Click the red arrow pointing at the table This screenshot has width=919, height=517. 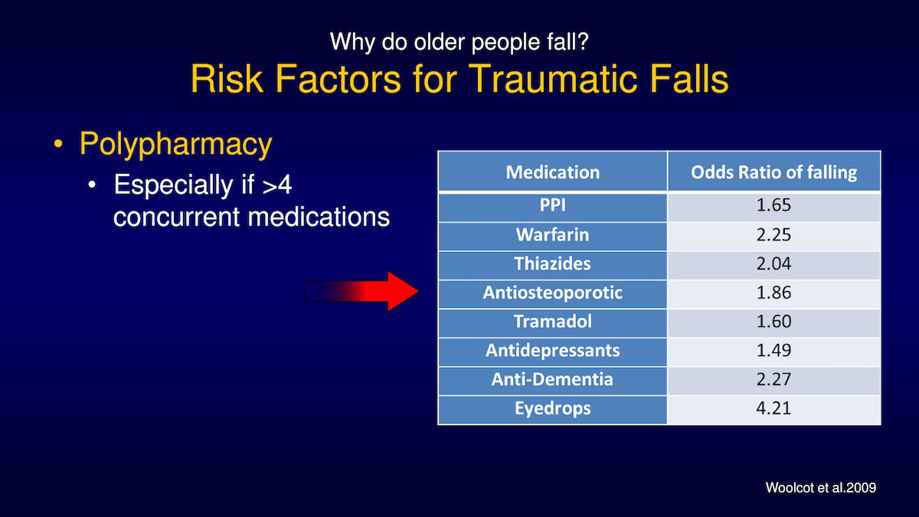[361, 291]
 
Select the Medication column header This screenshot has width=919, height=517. [553, 172]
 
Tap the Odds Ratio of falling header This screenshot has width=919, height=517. [773, 172]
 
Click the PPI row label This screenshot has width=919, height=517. [553, 205]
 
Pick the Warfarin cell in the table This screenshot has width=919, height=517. [553, 234]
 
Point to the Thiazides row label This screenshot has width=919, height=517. [553, 263]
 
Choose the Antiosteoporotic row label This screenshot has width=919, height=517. [553, 293]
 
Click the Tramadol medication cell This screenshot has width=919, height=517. [553, 321]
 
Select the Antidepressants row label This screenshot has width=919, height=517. [553, 351]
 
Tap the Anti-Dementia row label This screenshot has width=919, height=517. [553, 379]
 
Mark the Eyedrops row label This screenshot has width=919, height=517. [553, 409]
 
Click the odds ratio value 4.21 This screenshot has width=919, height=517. [773, 408]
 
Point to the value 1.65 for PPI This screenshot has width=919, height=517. [773, 205]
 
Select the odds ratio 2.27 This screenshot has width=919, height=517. [773, 379]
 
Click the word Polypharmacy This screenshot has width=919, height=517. [175, 145]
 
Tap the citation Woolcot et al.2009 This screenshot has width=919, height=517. [820, 487]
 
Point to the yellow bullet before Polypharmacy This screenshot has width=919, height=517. [58, 144]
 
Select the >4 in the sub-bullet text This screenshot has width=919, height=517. [277, 185]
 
